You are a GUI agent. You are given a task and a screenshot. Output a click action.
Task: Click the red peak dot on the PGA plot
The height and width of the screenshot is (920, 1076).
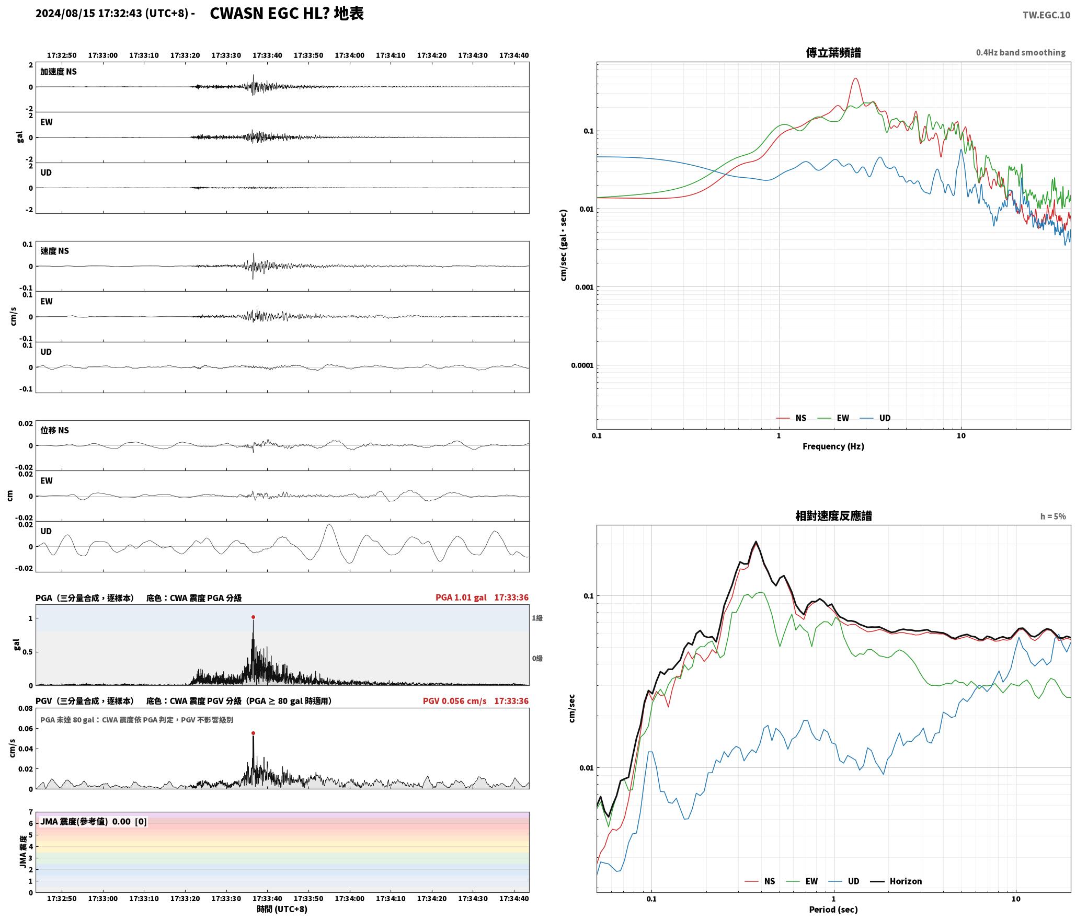[253, 617]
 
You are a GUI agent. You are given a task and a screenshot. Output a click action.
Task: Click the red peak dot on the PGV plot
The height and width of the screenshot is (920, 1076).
[253, 733]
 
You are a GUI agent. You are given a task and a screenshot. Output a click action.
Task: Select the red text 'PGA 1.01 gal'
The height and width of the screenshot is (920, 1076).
[461, 597]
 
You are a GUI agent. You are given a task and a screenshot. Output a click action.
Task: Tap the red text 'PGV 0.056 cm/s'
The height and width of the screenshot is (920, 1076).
[454, 701]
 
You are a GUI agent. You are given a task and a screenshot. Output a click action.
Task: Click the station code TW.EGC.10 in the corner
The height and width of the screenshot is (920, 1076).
[1046, 15]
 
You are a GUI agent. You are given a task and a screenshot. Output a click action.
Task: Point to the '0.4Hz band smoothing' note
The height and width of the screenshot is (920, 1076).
[1021, 53]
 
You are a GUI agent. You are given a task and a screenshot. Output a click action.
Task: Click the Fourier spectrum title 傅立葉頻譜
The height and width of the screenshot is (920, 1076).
[833, 53]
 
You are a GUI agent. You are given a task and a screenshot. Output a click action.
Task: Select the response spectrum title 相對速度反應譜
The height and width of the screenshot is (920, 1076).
[833, 516]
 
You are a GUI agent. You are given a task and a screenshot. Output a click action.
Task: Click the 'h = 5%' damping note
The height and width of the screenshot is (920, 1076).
[1053, 516]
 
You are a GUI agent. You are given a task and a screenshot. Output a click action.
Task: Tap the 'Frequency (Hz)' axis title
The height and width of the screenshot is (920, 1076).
[833, 446]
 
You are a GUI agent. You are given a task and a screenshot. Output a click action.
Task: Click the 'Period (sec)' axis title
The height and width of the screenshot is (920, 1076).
[833, 910]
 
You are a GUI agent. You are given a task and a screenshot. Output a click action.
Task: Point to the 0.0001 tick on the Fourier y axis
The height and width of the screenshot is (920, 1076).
[582, 365]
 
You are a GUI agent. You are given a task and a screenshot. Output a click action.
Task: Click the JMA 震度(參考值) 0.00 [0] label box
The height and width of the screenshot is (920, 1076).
[94, 822]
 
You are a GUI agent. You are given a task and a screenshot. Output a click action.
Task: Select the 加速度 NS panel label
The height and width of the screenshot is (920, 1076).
[59, 72]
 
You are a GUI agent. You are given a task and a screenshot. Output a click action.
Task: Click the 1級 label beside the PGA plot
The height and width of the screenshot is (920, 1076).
[537, 618]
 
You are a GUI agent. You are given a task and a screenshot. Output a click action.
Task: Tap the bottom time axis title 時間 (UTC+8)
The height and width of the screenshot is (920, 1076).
[282, 909]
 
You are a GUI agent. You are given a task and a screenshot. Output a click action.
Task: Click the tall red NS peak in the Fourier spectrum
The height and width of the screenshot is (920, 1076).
[855, 79]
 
